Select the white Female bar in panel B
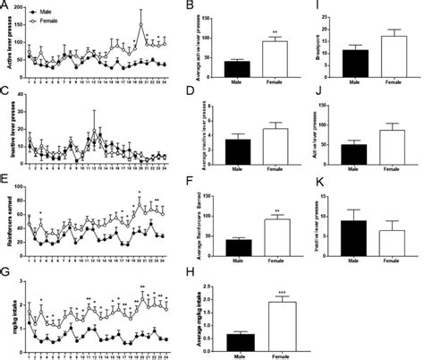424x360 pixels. pos(275,57)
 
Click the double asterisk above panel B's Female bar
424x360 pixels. pos(275,32)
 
